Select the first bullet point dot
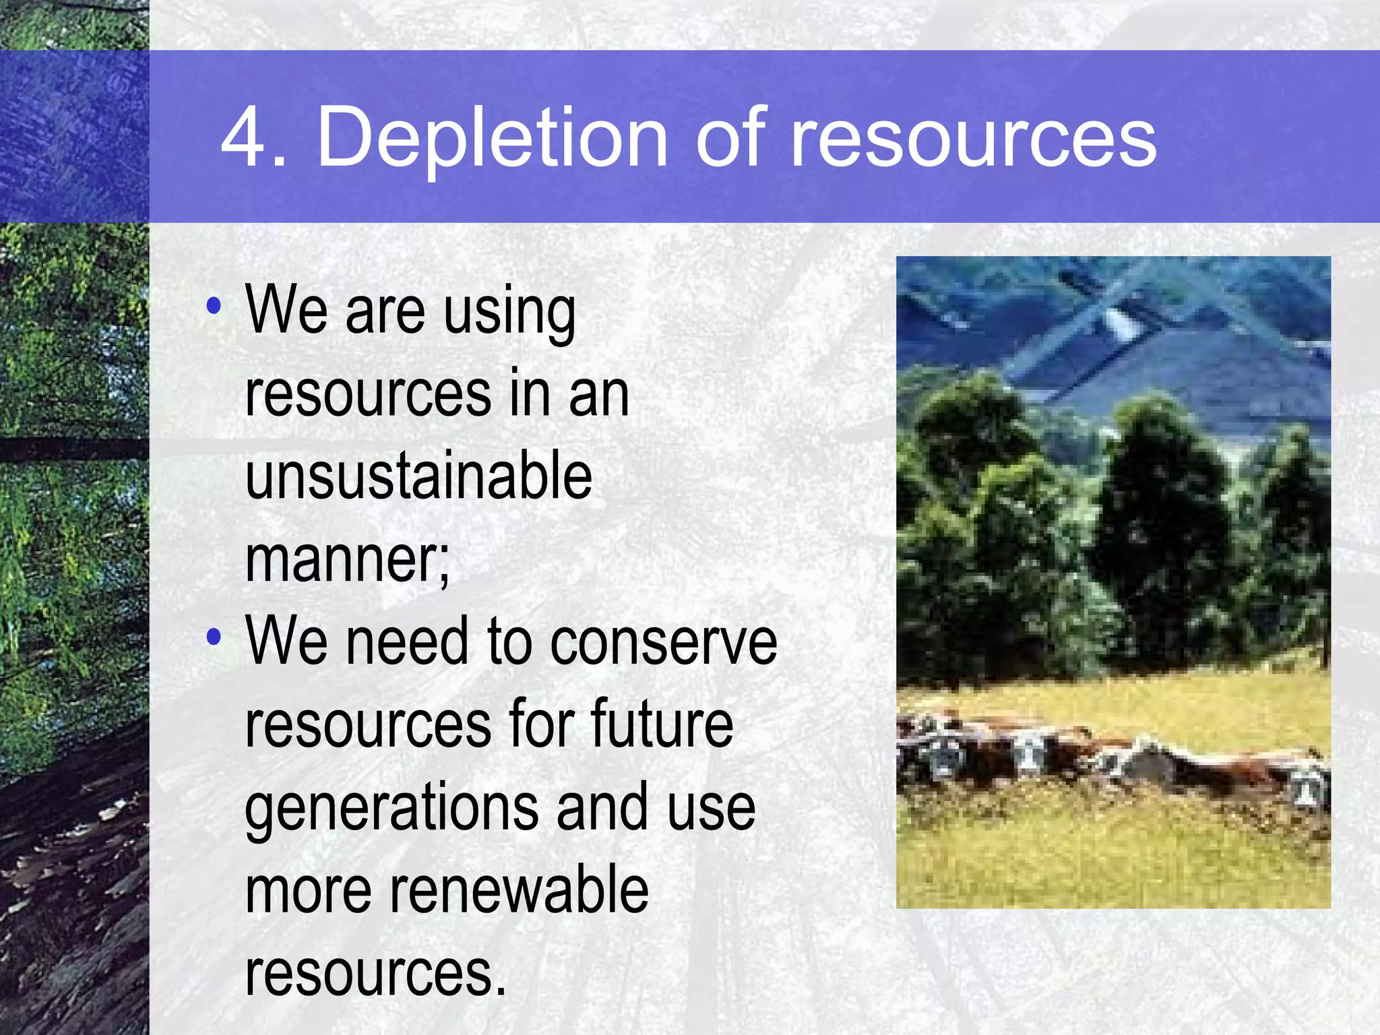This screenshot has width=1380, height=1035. (x=214, y=307)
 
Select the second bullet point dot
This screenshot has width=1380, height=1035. (x=214, y=637)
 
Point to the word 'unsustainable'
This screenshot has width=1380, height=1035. (x=418, y=476)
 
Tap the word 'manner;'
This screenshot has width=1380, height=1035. (x=347, y=559)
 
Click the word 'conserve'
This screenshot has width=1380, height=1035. (x=663, y=642)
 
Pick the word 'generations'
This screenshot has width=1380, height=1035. (x=391, y=809)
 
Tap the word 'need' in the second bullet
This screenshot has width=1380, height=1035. (x=406, y=642)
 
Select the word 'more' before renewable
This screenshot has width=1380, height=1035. (x=308, y=891)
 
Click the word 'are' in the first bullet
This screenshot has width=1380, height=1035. (x=385, y=311)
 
